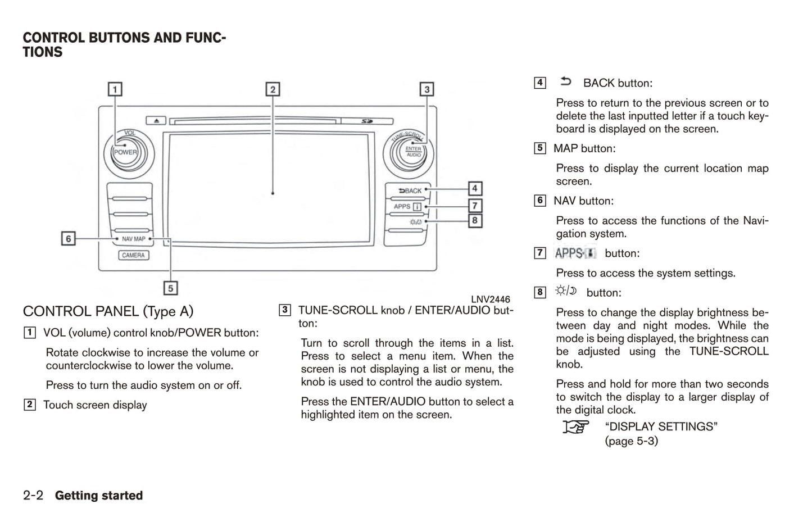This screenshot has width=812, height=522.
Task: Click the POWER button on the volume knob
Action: tap(125, 152)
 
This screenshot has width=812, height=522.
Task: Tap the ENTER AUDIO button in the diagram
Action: tap(413, 152)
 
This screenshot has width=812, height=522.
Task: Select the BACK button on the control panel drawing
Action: tap(410, 191)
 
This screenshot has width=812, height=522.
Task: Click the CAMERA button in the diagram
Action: tap(133, 255)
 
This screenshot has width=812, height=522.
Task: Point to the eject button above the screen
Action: tap(156, 120)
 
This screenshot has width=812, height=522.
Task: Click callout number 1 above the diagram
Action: tap(115, 89)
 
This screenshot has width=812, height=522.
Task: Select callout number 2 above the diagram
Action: tap(273, 89)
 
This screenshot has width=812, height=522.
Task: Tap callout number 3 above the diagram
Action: tap(427, 89)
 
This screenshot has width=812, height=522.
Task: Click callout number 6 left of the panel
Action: tap(69, 239)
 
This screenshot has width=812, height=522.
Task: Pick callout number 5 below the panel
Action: tap(170, 288)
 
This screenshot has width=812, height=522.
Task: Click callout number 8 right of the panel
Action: tap(475, 220)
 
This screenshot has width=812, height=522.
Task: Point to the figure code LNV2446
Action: tap(490, 299)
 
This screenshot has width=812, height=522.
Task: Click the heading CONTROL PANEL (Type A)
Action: tap(108, 311)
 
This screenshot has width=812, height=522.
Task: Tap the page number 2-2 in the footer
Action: tap(33, 495)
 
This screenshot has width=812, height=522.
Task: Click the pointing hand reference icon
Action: tap(576, 427)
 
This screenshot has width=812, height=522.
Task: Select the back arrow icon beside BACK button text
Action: tap(566, 82)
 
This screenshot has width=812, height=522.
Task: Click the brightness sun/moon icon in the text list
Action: tap(566, 291)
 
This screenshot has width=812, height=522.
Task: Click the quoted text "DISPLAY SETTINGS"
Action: tap(661, 426)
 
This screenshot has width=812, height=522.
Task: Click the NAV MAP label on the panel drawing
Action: tap(133, 239)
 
